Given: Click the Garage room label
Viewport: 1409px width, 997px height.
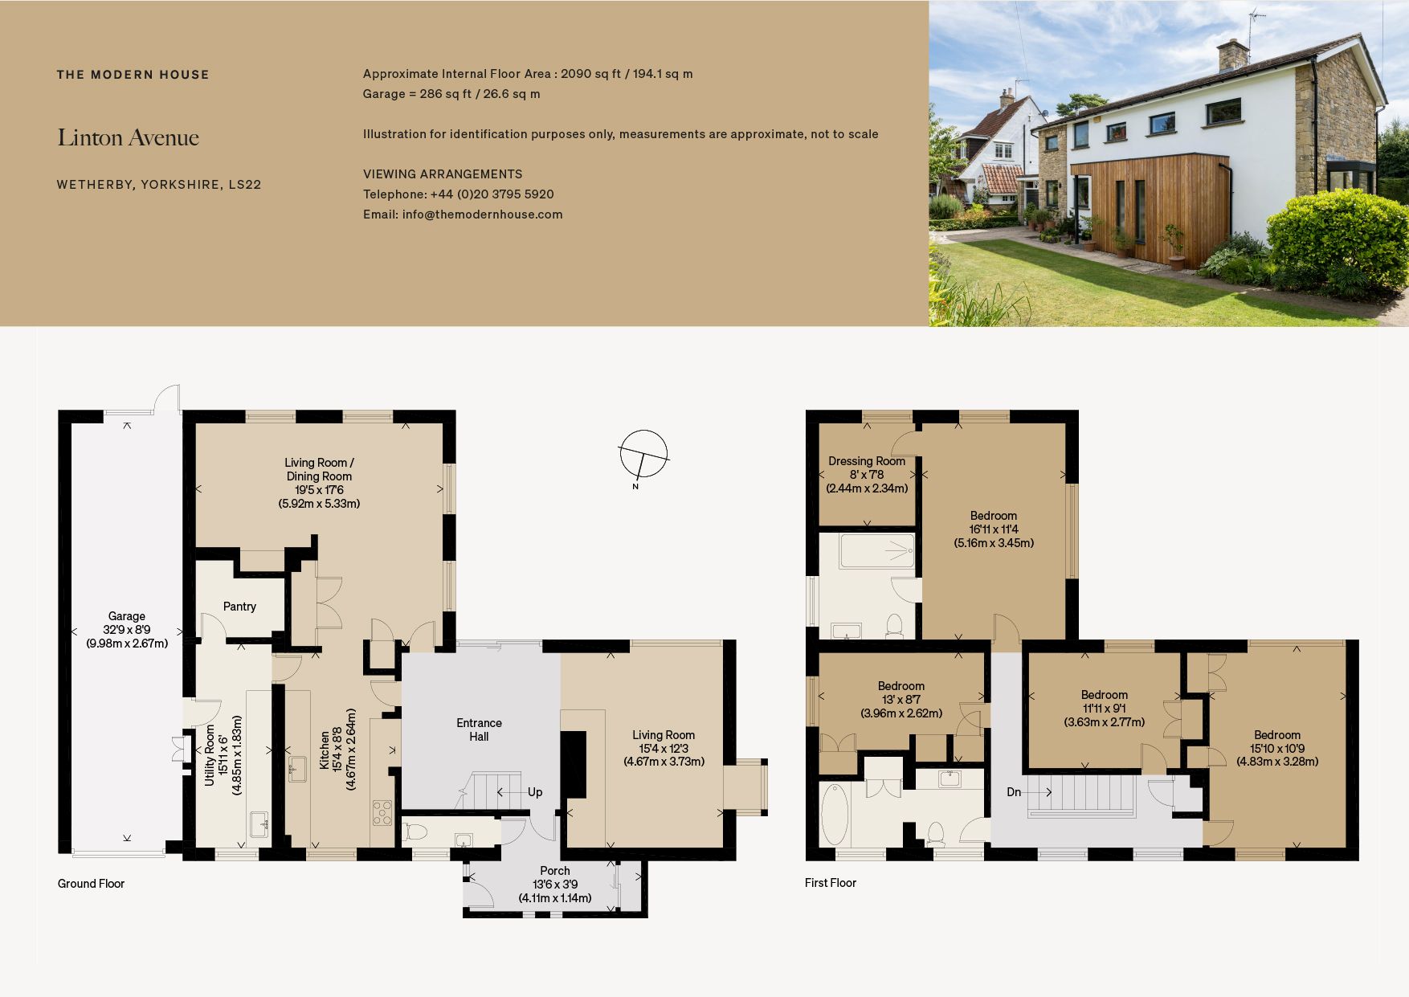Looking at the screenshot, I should point(127,629).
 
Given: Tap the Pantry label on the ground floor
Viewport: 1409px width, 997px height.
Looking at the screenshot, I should point(239,607).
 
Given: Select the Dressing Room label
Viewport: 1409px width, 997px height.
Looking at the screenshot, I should point(867,474).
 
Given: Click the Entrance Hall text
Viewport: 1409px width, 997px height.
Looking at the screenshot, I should point(479,729).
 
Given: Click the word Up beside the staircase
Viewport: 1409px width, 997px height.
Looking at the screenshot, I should point(535,792).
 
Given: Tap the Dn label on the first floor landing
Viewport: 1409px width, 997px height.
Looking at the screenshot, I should point(1014,792).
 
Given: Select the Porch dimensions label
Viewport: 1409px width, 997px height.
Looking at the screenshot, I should point(555,885).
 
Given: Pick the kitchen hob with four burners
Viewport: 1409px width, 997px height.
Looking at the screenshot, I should point(382,812).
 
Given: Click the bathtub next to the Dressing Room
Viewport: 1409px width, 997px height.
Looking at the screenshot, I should point(877,550).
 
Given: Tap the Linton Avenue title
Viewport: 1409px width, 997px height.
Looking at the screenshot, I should point(129,138).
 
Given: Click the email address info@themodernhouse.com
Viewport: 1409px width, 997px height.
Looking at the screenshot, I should point(463,215).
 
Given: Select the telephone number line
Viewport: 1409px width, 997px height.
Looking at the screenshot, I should point(458,194).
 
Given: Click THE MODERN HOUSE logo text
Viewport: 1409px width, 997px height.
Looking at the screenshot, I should point(133,75).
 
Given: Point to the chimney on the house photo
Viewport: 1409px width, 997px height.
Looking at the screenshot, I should point(1232,54).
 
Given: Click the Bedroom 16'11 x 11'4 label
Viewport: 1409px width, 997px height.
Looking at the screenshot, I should point(994,529).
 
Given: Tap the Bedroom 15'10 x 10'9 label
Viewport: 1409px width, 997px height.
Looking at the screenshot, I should point(1277,748).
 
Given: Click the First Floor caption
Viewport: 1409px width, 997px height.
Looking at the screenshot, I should point(831,883).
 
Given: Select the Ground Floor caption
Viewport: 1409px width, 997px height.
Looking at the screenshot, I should point(91,884).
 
